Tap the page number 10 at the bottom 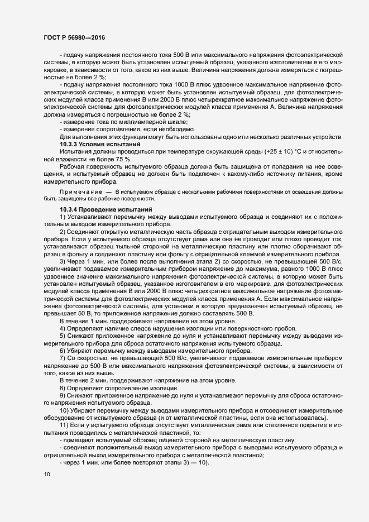(x=47, y=475)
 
